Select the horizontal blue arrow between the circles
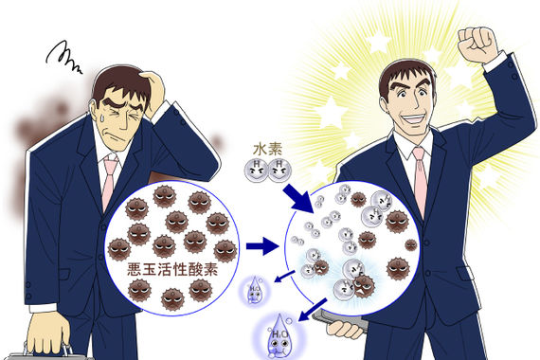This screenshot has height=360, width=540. (x=261, y=247)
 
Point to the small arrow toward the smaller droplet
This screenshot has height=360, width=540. (x=282, y=276)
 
